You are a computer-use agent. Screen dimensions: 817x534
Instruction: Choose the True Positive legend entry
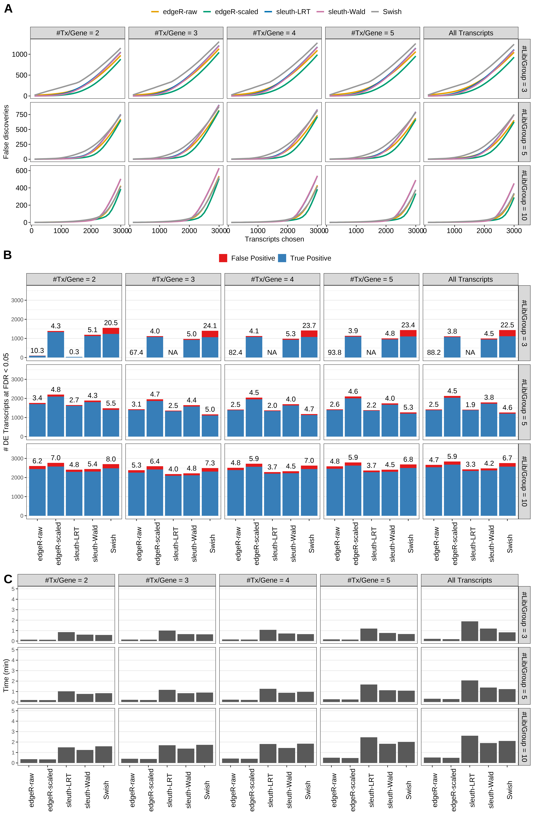(x=304, y=258)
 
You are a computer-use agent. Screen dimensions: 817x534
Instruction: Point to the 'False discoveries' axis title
(x=6, y=132)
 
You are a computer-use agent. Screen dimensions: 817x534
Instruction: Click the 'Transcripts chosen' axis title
(x=274, y=239)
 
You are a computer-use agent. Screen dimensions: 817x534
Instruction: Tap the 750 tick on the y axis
(x=21, y=115)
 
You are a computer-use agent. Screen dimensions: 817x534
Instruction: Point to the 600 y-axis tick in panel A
(x=21, y=171)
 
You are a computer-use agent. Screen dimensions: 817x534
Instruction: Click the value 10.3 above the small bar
(x=37, y=350)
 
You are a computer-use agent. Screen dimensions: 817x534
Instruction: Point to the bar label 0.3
(x=74, y=352)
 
